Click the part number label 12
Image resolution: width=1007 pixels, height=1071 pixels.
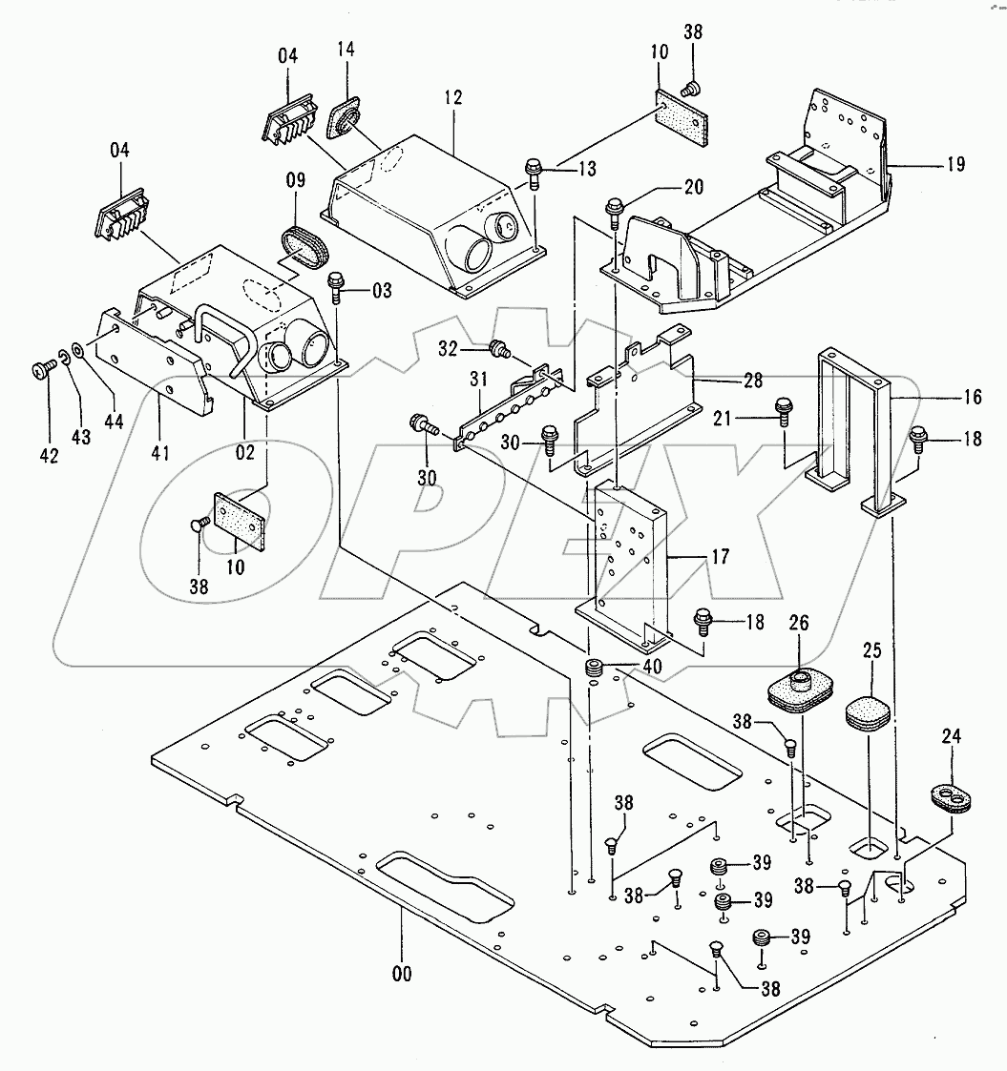(452, 97)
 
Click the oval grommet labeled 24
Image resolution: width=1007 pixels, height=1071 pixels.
(951, 798)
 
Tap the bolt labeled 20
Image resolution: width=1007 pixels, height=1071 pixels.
(614, 208)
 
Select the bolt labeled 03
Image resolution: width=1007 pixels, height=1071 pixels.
(336, 285)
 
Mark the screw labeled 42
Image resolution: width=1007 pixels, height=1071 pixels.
(43, 368)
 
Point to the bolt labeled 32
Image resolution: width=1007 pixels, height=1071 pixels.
(498, 347)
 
